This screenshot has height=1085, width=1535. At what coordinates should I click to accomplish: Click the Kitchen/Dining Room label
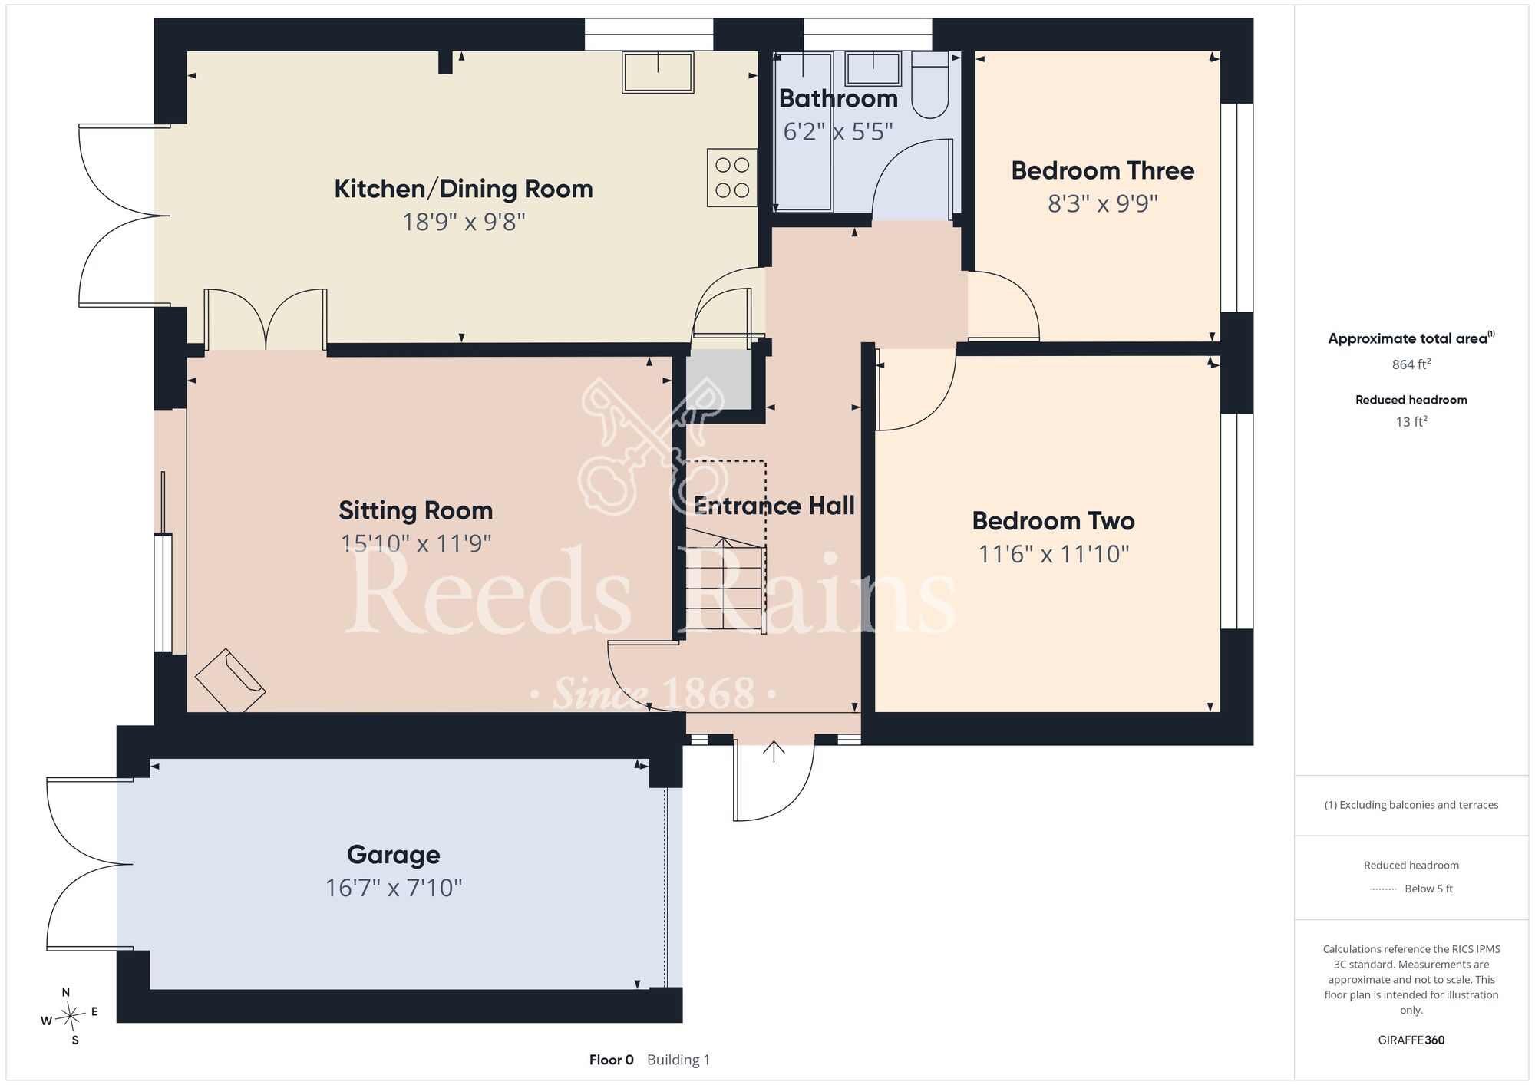pyautogui.click(x=464, y=189)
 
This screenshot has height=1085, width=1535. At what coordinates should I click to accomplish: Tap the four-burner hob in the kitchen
pyautogui.click(x=732, y=177)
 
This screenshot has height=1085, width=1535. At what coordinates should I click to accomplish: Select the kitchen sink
pyautogui.click(x=658, y=72)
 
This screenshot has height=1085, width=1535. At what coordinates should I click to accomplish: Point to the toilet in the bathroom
pyautogui.click(x=930, y=85)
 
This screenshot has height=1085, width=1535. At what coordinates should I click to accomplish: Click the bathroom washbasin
pyautogui.click(x=873, y=69)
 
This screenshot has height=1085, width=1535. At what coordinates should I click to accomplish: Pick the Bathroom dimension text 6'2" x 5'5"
pyautogui.click(x=838, y=132)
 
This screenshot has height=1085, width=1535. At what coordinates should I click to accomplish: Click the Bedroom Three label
pyautogui.click(x=1103, y=170)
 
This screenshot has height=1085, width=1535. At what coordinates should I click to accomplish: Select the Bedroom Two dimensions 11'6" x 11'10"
pyautogui.click(x=1054, y=554)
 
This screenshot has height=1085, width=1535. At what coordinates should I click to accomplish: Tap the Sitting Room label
pyautogui.click(x=416, y=511)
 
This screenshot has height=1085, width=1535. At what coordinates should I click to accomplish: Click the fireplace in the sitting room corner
pyautogui.click(x=230, y=681)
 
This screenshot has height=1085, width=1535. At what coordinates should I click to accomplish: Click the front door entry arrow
pyautogui.click(x=774, y=752)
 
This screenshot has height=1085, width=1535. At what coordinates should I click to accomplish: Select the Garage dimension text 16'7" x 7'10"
pyautogui.click(x=394, y=889)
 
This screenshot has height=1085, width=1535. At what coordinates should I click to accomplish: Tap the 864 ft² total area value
pyautogui.click(x=1411, y=364)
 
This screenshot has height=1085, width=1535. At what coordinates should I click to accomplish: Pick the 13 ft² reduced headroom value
pyautogui.click(x=1411, y=421)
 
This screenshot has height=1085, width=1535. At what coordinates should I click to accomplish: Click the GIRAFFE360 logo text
pyautogui.click(x=1411, y=1040)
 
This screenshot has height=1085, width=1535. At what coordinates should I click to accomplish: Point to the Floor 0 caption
pyautogui.click(x=612, y=1060)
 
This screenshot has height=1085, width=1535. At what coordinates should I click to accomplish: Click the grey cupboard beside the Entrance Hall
pyautogui.click(x=718, y=380)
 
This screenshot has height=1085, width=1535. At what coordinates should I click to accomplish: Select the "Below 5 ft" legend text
pyautogui.click(x=1428, y=889)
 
